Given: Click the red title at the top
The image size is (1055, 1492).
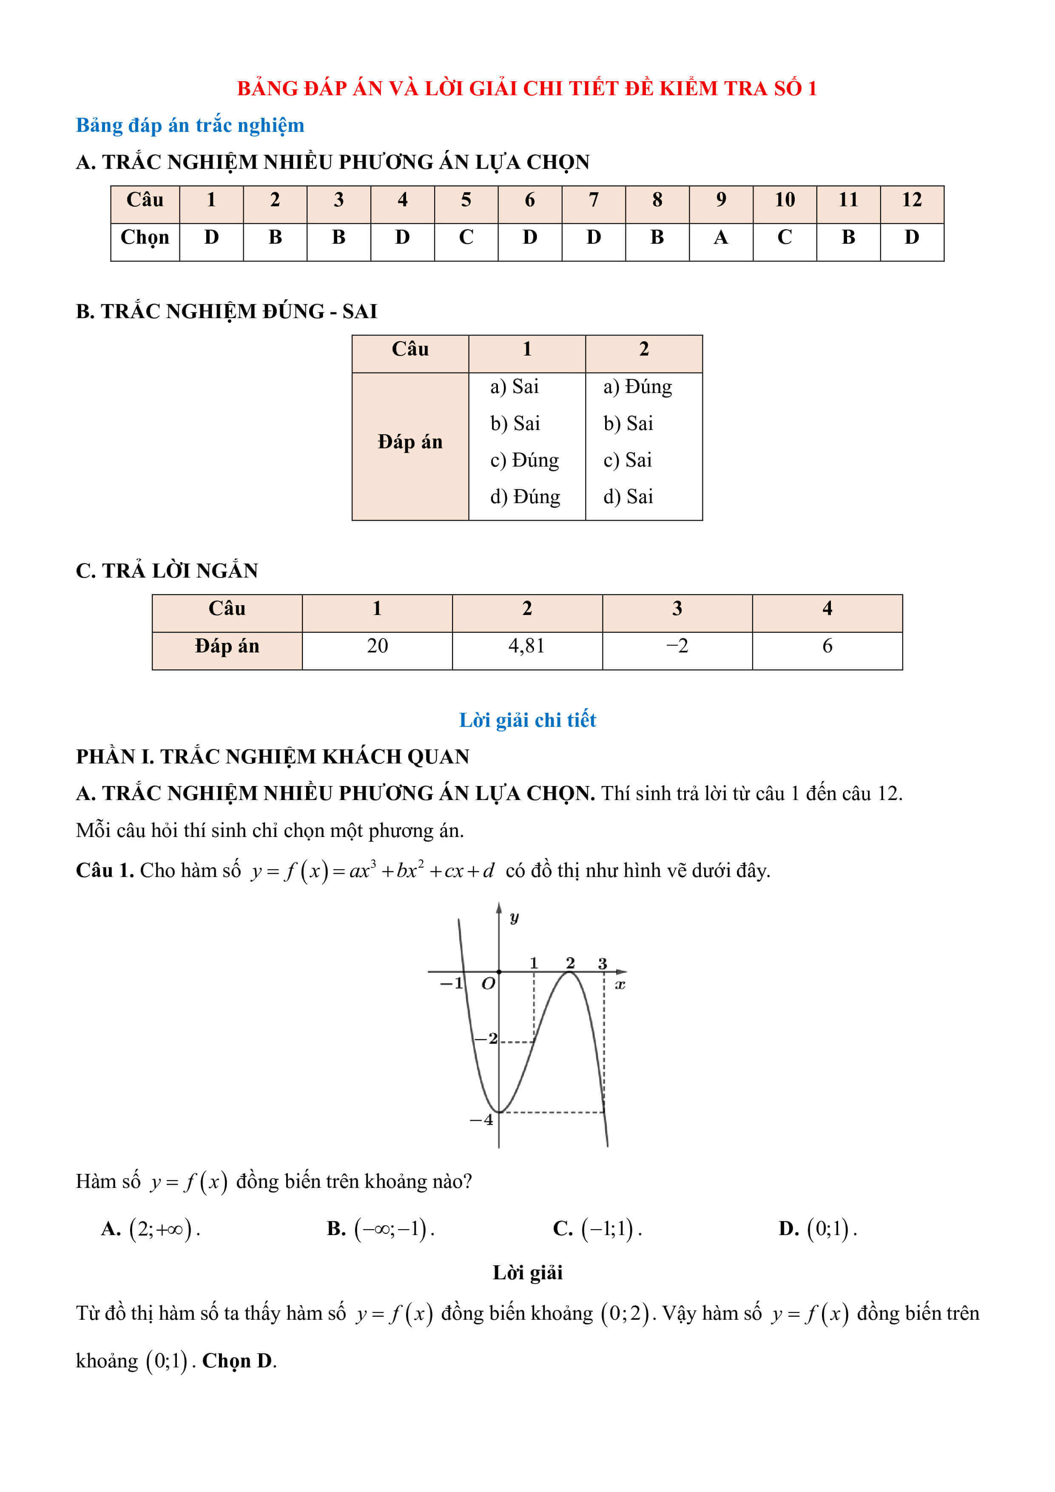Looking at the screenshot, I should point(527,88).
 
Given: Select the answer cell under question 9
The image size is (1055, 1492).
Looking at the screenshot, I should point(720,238).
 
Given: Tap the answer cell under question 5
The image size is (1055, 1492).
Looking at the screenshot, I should point(466,238).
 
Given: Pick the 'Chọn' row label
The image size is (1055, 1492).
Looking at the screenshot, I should point(145,238).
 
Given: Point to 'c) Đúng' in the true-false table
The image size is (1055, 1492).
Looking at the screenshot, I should point(524,460).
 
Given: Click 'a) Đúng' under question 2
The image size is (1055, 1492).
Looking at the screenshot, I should point(637,387).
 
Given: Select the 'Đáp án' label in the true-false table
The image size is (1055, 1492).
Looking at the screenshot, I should point(410,442).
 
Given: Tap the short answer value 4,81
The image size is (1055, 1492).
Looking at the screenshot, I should point(527,646).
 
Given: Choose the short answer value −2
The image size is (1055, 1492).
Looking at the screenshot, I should point(677,646).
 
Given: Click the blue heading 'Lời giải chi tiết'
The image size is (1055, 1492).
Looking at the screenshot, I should point(527,720).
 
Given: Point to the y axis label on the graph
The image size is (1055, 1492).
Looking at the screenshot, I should point(514,917).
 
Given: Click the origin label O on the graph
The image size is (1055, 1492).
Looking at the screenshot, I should point(488,984).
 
